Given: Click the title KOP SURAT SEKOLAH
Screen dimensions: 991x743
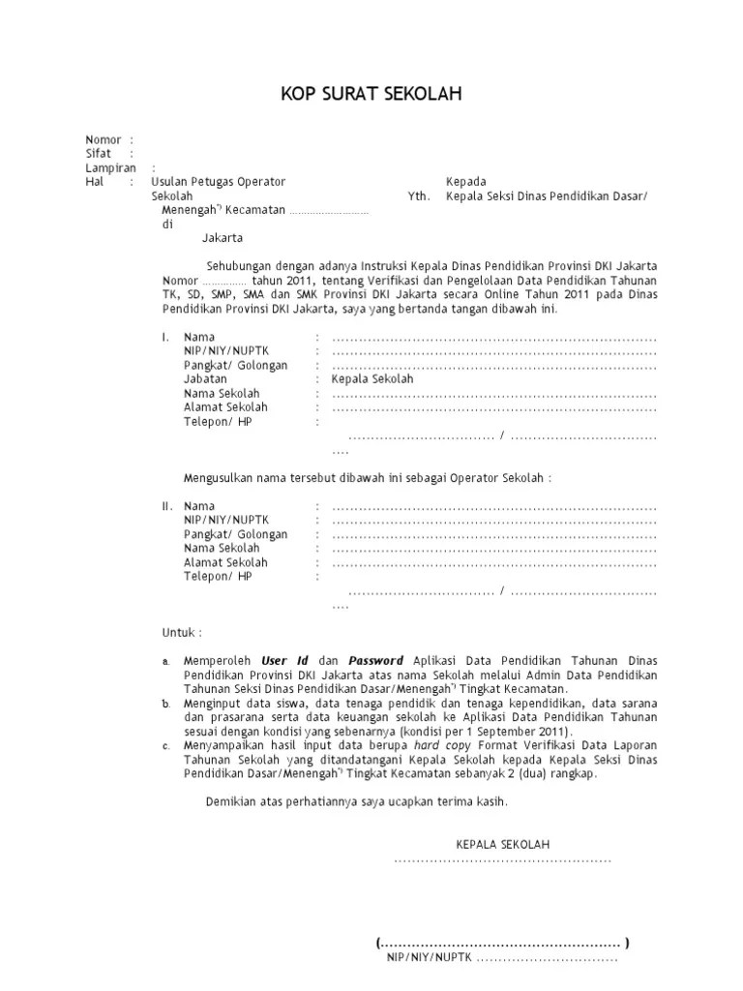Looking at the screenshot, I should (371, 94).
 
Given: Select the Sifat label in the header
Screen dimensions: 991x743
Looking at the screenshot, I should (99, 153).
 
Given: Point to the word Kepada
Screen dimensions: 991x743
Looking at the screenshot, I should (465, 181).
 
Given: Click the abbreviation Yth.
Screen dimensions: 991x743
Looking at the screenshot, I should (418, 195).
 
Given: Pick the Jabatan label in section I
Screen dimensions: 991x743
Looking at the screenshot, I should (205, 379).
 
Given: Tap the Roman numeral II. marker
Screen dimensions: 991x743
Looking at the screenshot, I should (167, 506).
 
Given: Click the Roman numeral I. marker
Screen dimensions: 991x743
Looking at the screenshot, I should (165, 337).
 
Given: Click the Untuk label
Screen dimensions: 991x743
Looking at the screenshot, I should (181, 633).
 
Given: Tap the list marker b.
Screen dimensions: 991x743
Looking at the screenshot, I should (165, 704).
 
